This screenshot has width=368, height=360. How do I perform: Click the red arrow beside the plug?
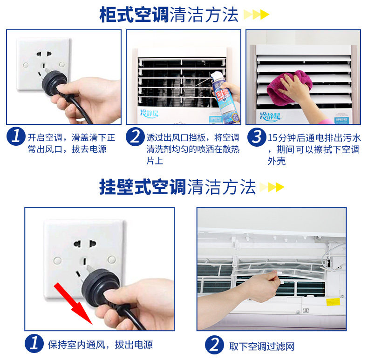[73, 303]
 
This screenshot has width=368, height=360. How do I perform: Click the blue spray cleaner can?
[224, 99]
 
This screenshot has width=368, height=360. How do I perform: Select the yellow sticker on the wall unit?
[333, 302]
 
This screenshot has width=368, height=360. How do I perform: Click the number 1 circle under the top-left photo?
[16, 136]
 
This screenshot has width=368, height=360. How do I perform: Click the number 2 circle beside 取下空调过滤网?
[214, 345]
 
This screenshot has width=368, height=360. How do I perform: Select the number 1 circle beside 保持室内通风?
[34, 343]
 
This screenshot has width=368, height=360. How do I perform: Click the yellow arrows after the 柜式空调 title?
[256, 15]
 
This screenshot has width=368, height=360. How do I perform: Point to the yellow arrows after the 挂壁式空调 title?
[272, 187]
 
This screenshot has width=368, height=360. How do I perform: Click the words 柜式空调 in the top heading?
[134, 15]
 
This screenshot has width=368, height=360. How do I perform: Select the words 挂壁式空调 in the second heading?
[143, 187]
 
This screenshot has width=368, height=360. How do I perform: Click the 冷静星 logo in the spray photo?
[150, 114]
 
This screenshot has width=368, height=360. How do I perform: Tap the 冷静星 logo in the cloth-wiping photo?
[270, 116]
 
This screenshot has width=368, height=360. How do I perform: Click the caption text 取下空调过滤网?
[262, 346]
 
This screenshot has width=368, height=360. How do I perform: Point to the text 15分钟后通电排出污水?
[314, 138]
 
